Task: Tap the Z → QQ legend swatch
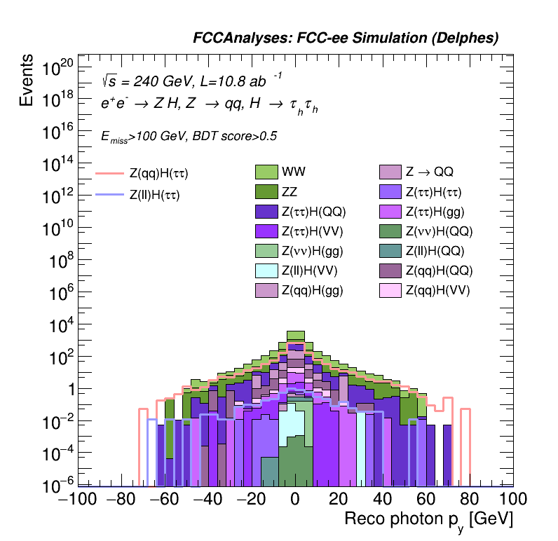click(389, 172)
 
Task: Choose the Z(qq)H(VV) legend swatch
click(389, 290)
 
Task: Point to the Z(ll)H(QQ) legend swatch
click(389, 251)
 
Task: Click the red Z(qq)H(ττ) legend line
click(109, 173)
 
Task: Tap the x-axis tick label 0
click(295, 500)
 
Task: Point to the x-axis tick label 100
click(512, 500)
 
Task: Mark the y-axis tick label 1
click(66, 390)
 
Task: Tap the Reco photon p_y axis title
click(428, 520)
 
